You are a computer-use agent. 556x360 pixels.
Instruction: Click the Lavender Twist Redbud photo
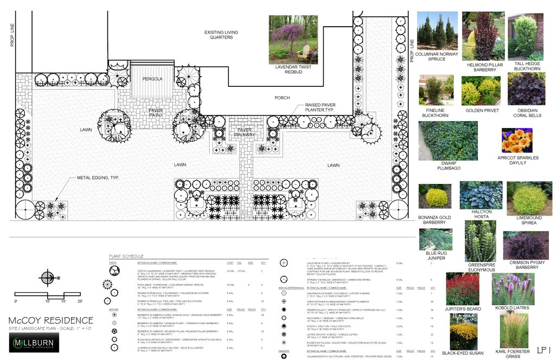coord(293,39)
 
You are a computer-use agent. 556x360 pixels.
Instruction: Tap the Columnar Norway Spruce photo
coord(437,30)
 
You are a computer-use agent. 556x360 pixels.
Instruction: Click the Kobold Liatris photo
coord(513,288)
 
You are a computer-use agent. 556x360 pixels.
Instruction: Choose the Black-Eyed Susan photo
coord(463,332)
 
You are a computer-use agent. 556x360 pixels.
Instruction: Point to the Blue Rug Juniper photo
coord(435,238)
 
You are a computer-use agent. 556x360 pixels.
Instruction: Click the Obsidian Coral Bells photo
coord(526,89)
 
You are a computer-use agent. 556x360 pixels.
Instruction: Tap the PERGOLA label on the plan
coord(153,79)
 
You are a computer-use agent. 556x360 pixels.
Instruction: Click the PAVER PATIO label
coord(156,113)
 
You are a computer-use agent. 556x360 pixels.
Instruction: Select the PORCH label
coord(282,98)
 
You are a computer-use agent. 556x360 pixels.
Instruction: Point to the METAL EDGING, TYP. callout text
coord(98,178)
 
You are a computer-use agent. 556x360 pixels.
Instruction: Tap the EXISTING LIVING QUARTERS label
coord(219,35)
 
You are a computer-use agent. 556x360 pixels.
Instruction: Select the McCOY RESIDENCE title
coord(51,320)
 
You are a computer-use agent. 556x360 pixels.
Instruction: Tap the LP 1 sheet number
coord(544,349)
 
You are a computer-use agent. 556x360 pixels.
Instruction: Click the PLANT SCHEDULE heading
coord(126,256)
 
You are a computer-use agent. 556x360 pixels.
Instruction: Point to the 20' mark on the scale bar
coord(80,301)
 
